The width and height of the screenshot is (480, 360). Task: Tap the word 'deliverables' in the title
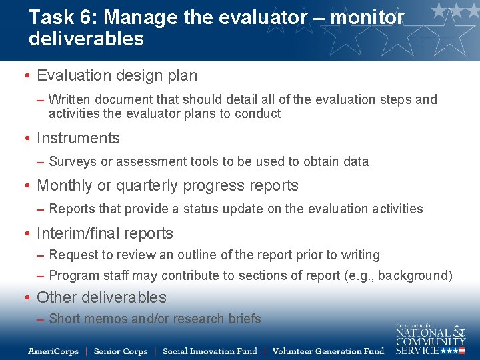click(86, 39)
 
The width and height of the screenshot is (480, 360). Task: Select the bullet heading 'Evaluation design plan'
click(117, 76)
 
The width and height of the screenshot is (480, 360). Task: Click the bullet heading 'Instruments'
click(78, 138)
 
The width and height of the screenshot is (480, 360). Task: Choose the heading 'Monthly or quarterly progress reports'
click(167, 185)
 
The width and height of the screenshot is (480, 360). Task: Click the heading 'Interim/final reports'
click(105, 233)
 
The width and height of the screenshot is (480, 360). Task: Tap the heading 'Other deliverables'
click(101, 297)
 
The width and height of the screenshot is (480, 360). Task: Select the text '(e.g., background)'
click(400, 275)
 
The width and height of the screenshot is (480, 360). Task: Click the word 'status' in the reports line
click(199, 209)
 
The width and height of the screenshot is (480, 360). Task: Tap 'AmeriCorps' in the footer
click(53, 351)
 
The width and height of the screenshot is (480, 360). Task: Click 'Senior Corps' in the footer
click(120, 351)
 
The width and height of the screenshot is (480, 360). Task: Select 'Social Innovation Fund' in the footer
click(209, 351)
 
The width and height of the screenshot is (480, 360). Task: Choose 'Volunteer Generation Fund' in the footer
click(328, 351)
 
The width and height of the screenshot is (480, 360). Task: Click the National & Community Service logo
click(430, 339)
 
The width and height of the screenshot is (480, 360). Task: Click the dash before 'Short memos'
click(41, 319)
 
